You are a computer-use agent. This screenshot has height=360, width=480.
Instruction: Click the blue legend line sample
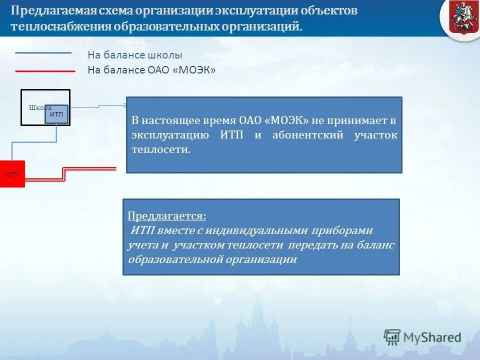click(43, 52)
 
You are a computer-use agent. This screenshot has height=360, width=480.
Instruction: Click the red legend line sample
click(45, 71)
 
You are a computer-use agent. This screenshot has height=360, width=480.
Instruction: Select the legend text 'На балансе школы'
click(135, 55)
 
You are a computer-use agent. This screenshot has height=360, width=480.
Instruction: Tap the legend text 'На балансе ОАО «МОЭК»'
click(151, 70)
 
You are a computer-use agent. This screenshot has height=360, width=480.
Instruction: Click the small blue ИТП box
click(56, 114)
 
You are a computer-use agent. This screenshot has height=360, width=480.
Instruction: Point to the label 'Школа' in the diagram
click(39, 107)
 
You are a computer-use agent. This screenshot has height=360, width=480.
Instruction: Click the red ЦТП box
click(12, 174)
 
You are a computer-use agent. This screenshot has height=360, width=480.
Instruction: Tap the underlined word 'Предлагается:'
click(166, 216)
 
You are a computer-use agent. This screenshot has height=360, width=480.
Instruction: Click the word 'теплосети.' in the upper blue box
click(161, 149)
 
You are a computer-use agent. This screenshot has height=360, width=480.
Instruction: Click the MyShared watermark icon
click(392, 337)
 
